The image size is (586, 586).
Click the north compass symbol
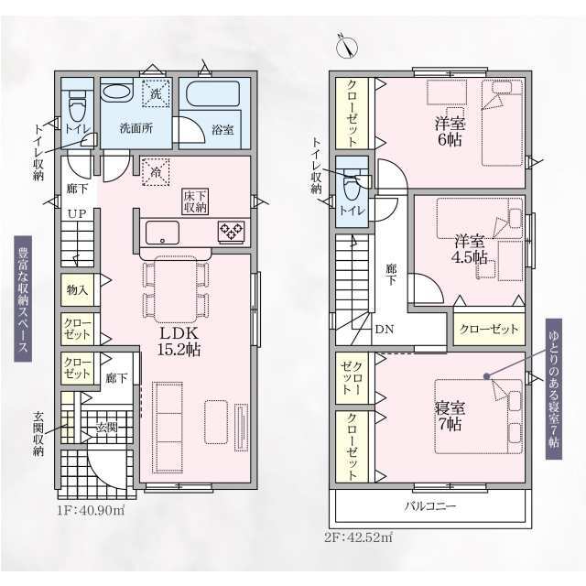click(347, 47)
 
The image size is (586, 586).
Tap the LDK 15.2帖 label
click(179, 342)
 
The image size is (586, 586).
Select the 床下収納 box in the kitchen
click(195, 201)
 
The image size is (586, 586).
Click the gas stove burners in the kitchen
click(232, 232)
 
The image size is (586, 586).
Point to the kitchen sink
click(162, 233)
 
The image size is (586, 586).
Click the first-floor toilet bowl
click(77, 106)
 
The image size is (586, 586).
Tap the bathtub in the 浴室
click(212, 93)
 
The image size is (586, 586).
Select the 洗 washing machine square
click(156, 93)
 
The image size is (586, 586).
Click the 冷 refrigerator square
click(156, 172)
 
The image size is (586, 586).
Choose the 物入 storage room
click(78, 290)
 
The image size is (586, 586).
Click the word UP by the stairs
click(77, 213)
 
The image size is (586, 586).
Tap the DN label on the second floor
click(385, 330)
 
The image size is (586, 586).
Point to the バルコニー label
click(431, 506)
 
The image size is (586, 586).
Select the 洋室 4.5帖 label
click(471, 249)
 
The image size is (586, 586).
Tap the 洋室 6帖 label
click(450, 131)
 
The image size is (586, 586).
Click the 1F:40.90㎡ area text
click(91, 510)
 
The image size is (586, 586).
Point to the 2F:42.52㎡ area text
click(358, 537)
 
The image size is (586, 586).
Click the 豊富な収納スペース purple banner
click(23, 299)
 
